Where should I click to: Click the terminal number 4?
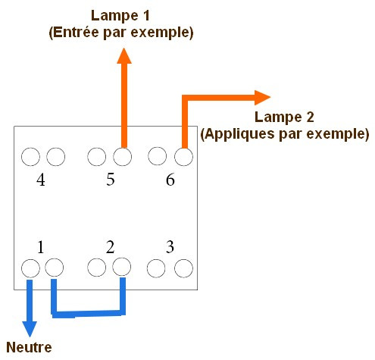click(41, 180)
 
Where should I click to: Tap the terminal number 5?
click(111, 180)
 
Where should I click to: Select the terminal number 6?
click(170, 180)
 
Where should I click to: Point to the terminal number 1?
click(41, 247)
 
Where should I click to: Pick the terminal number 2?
click(111, 246)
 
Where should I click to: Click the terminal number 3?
click(170, 246)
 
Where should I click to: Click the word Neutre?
click(29, 347)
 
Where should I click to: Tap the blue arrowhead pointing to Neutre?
click(30, 329)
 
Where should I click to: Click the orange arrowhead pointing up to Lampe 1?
click(124, 55)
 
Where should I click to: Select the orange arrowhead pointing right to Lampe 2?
click(262, 98)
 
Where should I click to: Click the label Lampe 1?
click(120, 16)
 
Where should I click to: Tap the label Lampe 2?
click(284, 117)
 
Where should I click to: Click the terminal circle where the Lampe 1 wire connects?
click(122, 157)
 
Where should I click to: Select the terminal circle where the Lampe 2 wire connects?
click(183, 157)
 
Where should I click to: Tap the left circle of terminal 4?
click(30, 157)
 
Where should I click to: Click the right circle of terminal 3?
click(183, 268)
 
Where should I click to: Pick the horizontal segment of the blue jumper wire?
click(89, 314)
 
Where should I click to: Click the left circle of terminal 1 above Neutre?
click(30, 268)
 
